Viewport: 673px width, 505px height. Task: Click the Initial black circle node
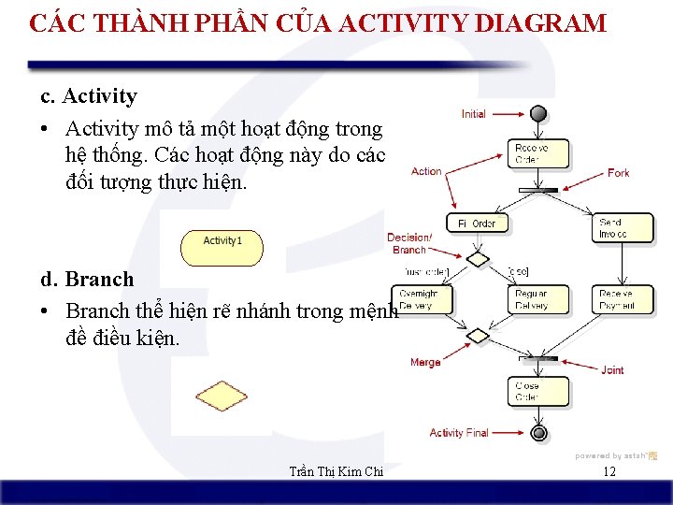coord(537,113)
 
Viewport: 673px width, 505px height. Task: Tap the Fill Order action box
coord(477,224)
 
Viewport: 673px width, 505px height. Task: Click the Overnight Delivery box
coord(419,299)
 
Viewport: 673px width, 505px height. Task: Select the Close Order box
coord(528,391)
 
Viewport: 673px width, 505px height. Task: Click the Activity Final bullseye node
coord(538,433)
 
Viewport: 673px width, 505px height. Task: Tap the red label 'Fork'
coord(618,173)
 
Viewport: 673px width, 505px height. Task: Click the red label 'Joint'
coord(612,370)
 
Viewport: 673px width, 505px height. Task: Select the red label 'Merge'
coord(425,362)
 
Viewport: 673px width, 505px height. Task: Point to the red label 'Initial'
coord(474,114)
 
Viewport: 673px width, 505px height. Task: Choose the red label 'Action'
coord(426,171)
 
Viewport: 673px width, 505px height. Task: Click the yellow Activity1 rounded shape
coord(222,247)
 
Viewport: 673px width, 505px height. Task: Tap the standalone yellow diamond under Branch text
coord(222,397)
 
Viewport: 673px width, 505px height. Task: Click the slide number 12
coord(609,471)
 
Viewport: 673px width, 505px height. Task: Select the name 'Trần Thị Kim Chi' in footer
coord(336,472)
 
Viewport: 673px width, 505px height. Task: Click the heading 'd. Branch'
coord(87,280)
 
